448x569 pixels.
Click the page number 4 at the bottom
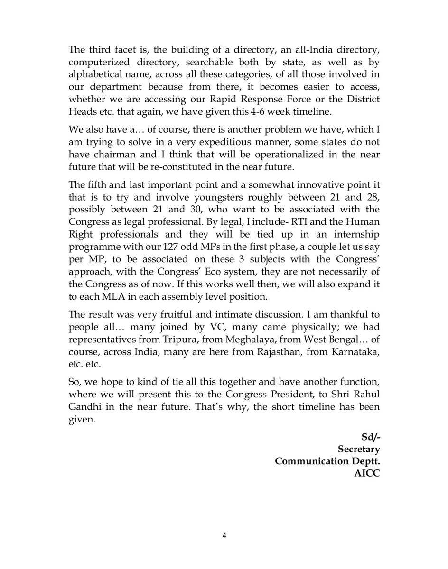click(x=224, y=536)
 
